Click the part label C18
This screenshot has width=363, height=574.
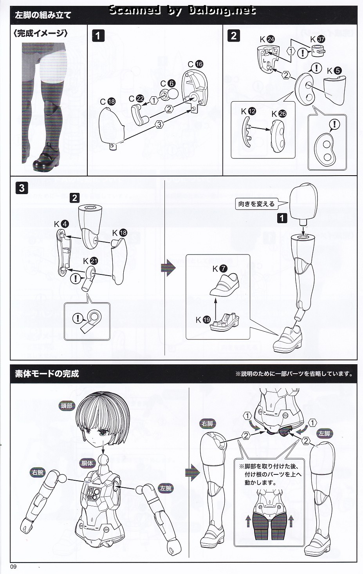coord(108,102)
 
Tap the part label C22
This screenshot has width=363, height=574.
coord(136,99)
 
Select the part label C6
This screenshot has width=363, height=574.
coord(168,84)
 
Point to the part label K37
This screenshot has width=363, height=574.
coord(318,39)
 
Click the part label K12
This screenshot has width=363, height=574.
coord(248,111)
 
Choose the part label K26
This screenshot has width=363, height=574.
coord(279,114)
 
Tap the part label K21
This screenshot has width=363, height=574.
coord(90,261)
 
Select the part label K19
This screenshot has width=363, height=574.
coord(203,320)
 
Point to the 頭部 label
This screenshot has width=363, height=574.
coord(66,406)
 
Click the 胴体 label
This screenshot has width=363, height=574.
coord(87,463)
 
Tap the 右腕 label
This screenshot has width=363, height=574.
coord(38,472)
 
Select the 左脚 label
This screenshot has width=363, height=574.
coord(324,434)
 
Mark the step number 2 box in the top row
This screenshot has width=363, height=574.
coord(233,36)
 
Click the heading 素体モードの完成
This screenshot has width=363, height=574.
coord(47,374)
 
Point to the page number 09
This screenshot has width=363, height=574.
coord(13,567)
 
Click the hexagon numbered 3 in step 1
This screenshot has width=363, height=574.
coord(159,125)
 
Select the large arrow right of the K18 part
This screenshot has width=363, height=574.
coord(168,268)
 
